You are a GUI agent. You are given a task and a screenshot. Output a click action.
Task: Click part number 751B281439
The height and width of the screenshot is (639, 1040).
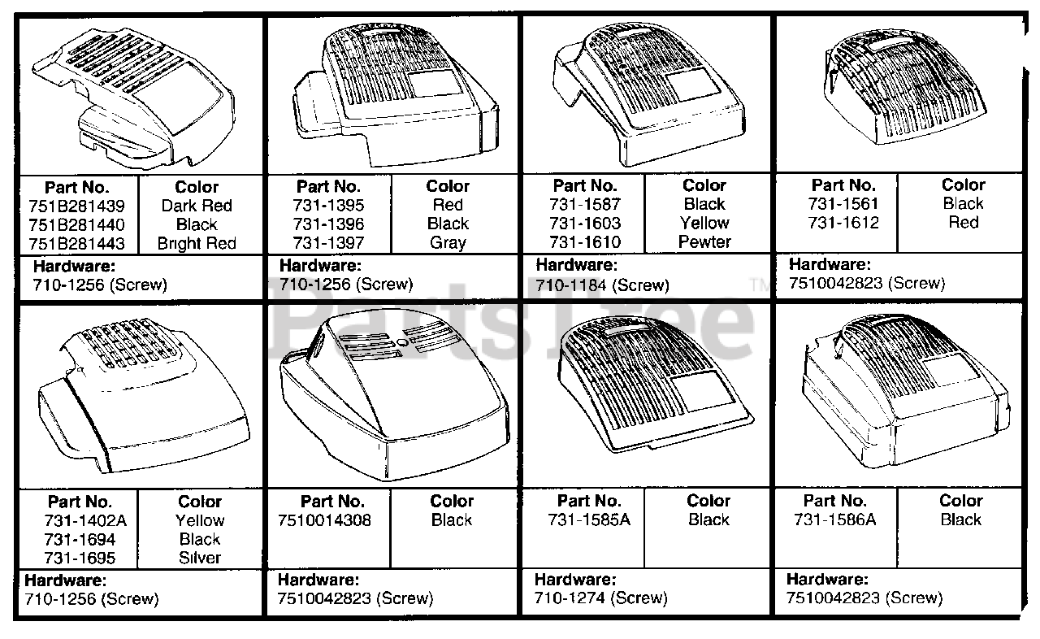(x=79, y=206)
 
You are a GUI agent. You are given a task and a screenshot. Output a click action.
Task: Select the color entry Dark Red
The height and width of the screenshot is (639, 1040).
(x=197, y=206)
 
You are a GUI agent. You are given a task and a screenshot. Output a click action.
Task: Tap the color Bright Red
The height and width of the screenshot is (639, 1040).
(x=197, y=244)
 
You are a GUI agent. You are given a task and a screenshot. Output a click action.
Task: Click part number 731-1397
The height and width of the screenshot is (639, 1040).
(x=329, y=243)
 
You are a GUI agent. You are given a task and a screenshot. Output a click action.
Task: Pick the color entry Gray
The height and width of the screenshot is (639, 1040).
(x=448, y=243)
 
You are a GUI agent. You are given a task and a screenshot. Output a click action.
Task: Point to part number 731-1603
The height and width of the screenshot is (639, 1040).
(x=585, y=224)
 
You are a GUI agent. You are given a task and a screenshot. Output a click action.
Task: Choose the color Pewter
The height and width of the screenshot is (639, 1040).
(x=704, y=242)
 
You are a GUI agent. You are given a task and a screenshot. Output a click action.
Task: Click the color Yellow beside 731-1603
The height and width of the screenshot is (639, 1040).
(x=704, y=224)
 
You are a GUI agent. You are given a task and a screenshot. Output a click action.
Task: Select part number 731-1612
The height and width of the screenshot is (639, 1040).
(x=843, y=223)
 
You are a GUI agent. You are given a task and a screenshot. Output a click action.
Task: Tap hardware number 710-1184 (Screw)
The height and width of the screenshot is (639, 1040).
(x=602, y=285)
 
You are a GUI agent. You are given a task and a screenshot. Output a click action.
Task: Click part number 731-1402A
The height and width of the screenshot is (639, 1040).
(x=80, y=521)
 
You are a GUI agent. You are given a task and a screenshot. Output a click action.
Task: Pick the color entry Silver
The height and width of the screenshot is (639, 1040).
(x=199, y=559)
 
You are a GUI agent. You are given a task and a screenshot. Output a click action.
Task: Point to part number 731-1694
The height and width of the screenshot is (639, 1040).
(x=80, y=540)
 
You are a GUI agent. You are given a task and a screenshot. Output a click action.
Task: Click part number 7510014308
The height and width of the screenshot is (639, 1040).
(x=331, y=520)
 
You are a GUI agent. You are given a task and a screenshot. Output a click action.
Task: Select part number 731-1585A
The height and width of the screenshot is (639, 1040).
(x=589, y=520)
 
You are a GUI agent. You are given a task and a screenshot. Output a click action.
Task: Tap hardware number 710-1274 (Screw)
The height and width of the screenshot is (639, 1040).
(x=600, y=599)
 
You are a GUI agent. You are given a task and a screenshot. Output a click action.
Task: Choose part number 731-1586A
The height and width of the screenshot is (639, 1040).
(x=835, y=520)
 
